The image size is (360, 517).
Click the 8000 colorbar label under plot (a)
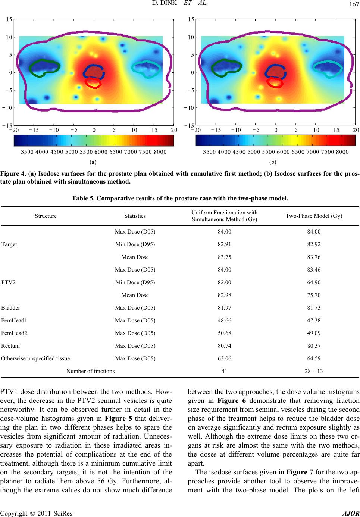[x=160, y=152]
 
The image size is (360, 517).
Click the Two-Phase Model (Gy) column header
[x=314, y=216]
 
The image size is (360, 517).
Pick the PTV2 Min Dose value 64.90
[x=314, y=282]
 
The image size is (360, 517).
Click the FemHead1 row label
[x=14, y=320]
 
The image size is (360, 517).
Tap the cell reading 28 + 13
[x=314, y=371]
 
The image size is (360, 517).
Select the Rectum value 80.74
[x=224, y=346]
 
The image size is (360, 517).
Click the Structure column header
[x=46, y=216]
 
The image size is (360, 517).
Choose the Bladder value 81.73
[x=314, y=308]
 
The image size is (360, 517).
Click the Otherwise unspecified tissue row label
[x=35, y=358]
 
